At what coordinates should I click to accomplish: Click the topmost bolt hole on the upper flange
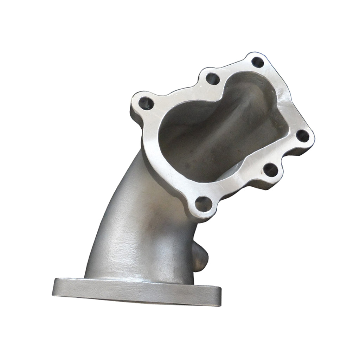pyautogui.click(x=258, y=63)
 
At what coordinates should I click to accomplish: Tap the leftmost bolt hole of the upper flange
pyautogui.click(x=146, y=103)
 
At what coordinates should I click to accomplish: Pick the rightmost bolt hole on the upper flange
pyautogui.click(x=301, y=135)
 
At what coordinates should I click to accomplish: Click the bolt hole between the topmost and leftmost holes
pyautogui.click(x=212, y=78)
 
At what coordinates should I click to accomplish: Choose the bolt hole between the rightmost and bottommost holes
pyautogui.click(x=270, y=171)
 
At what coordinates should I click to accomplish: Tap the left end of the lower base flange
pyautogui.click(x=58, y=287)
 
